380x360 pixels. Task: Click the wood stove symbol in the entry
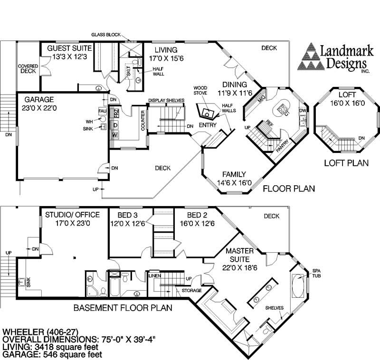click(x=207, y=112)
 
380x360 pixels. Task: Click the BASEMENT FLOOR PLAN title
click(x=123, y=308)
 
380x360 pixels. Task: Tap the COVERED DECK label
click(x=28, y=68)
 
